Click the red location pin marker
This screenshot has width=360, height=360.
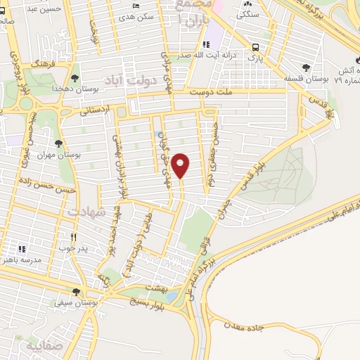point(181,165)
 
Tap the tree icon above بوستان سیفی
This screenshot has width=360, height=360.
point(75,292)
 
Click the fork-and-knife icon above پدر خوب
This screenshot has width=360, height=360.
point(72,237)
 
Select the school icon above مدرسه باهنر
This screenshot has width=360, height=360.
point(22,249)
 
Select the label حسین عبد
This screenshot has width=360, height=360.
point(49,9)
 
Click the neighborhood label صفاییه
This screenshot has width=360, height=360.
point(43,347)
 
